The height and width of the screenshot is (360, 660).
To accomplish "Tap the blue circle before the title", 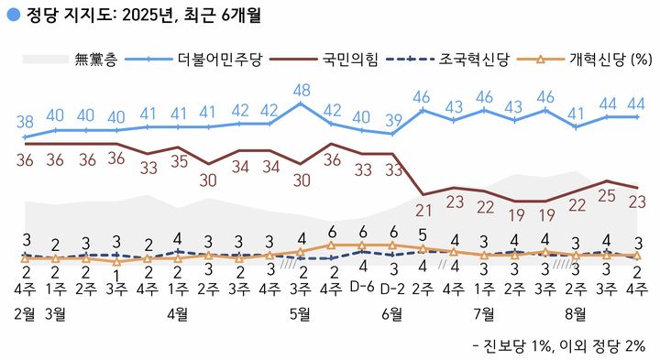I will (12, 16).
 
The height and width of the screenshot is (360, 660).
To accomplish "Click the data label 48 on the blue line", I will (301, 90).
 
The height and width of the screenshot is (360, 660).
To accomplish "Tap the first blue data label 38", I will (26, 120).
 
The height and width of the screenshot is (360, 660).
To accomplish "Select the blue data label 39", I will (392, 120).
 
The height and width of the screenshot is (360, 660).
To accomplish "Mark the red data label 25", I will (606, 196).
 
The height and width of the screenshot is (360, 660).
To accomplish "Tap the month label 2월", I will (26, 313).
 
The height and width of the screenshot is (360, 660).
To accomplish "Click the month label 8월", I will (576, 313).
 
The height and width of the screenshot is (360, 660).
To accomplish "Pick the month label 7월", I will (484, 313).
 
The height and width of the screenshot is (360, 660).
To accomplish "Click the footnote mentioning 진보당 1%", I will (558, 345).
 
